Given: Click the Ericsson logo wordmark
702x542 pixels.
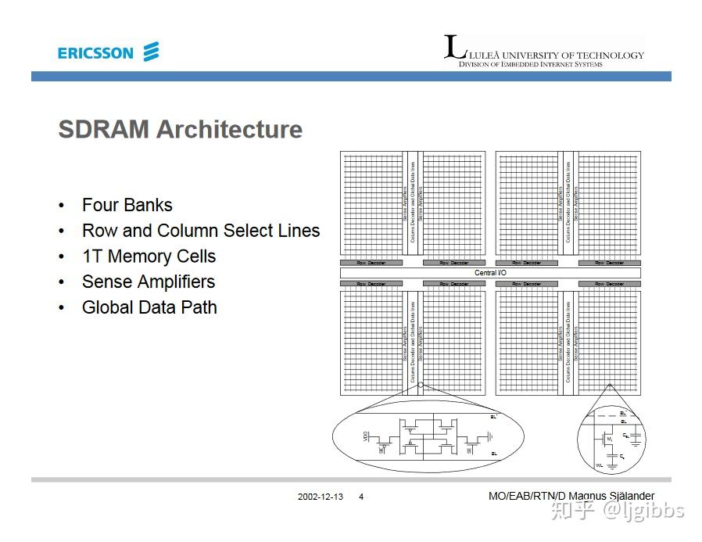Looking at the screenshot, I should click(x=95, y=53).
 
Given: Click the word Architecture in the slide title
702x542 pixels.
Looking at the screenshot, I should click(x=229, y=129).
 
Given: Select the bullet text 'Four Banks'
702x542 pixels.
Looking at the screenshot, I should click(x=127, y=205).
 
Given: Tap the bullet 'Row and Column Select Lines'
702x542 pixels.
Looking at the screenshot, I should click(x=201, y=231).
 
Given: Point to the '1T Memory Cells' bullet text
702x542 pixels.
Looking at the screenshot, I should click(x=149, y=257).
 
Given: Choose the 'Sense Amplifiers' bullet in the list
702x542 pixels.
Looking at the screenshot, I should click(x=148, y=282).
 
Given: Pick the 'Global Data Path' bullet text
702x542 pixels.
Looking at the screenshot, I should click(x=149, y=307).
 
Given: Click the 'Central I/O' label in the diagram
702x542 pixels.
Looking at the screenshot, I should click(x=490, y=273).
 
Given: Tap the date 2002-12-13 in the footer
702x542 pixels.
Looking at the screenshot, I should click(x=320, y=497).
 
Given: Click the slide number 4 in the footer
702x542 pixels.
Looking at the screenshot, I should click(x=361, y=497).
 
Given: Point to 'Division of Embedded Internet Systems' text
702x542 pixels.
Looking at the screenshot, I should click(x=530, y=64).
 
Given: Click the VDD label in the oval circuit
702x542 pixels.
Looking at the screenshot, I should click(x=366, y=436).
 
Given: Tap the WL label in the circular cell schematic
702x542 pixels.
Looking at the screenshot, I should click(x=599, y=465).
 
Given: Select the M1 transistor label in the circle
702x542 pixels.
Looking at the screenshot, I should click(x=610, y=440).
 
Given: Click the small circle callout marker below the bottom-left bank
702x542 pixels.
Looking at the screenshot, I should click(x=421, y=385).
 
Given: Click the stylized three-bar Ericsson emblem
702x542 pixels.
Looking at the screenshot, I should click(x=151, y=52).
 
